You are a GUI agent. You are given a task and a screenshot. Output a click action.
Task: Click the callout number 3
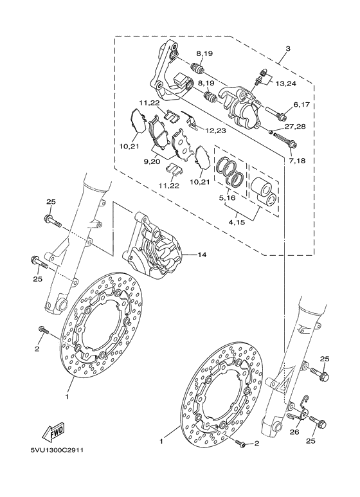click(x=288, y=48)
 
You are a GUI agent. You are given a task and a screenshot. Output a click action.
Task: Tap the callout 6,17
click(x=302, y=104)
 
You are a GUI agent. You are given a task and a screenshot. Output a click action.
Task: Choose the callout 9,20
click(x=151, y=162)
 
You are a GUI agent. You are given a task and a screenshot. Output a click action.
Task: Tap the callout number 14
click(x=201, y=255)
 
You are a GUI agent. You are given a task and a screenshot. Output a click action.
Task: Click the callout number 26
click(x=295, y=432)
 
